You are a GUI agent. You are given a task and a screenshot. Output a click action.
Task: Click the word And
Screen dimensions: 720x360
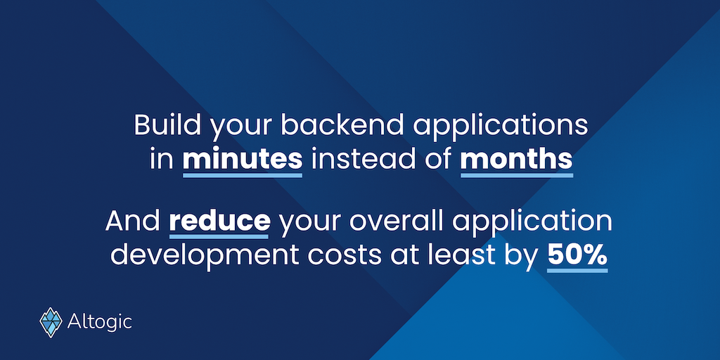click(x=132, y=221)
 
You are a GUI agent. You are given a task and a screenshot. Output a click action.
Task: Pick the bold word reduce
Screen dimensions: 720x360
click(x=219, y=221)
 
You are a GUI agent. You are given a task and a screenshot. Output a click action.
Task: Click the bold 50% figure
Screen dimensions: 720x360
click(x=577, y=255)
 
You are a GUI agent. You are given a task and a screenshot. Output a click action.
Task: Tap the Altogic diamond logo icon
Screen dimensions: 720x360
click(x=51, y=322)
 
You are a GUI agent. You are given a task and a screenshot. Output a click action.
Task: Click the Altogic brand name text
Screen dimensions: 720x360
click(x=100, y=322)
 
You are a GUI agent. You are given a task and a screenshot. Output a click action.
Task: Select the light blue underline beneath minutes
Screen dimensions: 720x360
click(x=243, y=175)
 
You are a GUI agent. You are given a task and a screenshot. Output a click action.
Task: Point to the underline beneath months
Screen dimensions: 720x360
click(x=517, y=175)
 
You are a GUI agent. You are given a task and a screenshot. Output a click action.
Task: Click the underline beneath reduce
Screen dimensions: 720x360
click(x=219, y=236)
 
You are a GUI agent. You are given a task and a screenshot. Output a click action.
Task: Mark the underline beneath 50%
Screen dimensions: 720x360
click(x=577, y=271)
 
